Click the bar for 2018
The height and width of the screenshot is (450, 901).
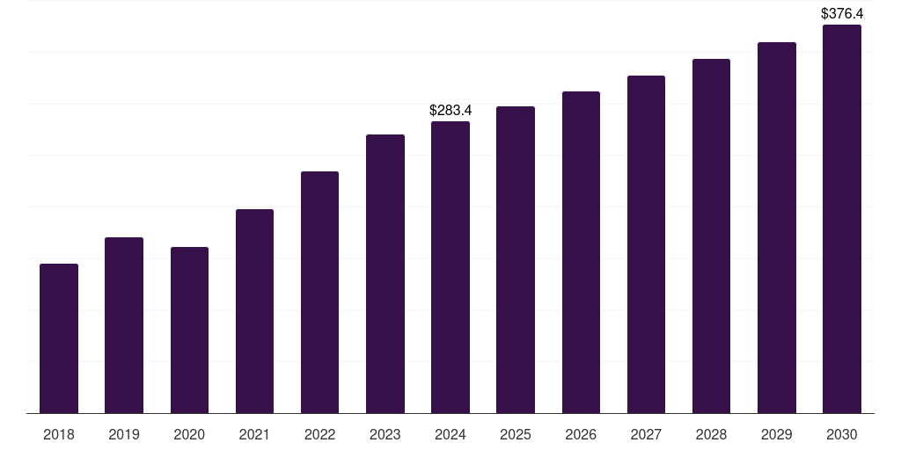59,338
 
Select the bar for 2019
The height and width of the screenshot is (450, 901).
124,325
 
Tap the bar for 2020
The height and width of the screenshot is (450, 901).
189,330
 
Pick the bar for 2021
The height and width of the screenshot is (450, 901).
254,311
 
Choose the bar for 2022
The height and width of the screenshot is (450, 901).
319,292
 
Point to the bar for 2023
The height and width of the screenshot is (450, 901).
385,273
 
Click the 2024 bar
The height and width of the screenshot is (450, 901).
450,267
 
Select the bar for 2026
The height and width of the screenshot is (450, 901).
581,252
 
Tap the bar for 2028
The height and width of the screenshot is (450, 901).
711,236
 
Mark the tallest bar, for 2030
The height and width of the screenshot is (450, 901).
842,219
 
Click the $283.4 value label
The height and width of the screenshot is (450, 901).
450,111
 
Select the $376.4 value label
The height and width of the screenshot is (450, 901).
842,14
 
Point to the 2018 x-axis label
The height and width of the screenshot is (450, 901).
59,435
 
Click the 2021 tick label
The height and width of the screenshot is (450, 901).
254,435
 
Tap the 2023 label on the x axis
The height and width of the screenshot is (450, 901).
385,435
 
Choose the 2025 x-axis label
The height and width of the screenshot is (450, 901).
516,435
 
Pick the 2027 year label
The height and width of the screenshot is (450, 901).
646,435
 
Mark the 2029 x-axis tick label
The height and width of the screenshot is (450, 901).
777,435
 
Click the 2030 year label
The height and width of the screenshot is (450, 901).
842,435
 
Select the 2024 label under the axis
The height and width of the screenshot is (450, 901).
450,435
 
